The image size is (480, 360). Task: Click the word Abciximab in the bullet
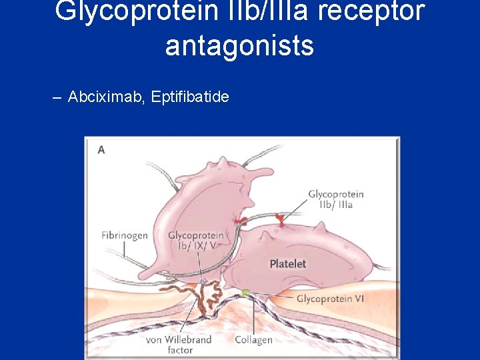point(106,97)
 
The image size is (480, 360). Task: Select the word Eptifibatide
point(190,97)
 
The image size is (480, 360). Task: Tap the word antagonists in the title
point(239,45)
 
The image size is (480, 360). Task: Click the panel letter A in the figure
point(101,150)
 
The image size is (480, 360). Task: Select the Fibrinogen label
point(125,235)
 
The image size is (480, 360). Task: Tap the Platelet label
point(288,264)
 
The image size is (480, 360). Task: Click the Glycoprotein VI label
point(330,299)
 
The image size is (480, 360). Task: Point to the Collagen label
point(253,340)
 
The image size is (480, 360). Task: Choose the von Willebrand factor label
point(179,345)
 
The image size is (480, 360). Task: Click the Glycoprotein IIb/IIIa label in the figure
point(335,199)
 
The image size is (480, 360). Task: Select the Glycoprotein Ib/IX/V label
point(196,241)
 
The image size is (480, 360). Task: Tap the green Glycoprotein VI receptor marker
point(246,293)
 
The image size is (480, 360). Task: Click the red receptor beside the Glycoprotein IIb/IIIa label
point(281,218)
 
